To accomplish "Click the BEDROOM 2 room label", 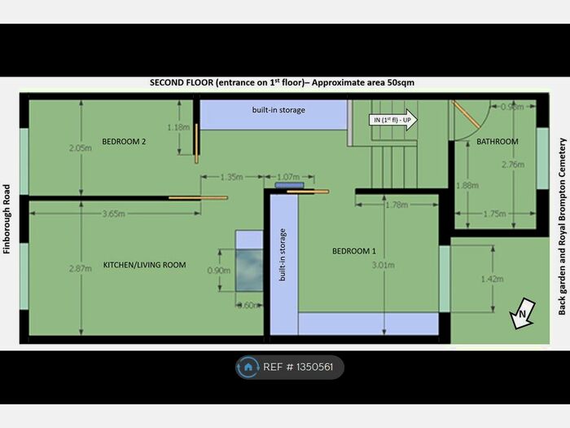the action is point(124,142).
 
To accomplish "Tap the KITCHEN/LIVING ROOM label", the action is point(144,265).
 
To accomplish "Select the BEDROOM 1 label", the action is point(353,251).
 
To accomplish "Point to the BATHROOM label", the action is point(498,142).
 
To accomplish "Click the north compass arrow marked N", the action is point(523,313).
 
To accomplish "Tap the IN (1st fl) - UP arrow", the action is point(393,120).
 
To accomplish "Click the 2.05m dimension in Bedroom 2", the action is point(81,148).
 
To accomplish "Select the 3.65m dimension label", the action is point(113,214).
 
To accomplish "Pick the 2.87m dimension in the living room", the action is point(81,268).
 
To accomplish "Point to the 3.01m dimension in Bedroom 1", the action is point(384,265).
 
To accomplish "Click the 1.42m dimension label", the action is point(492,279).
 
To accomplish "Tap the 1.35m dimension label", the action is point(232,177).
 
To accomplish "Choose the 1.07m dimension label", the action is point(288,177).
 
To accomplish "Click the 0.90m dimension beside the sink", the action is point(219,271).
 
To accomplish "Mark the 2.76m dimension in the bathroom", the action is point(513,165).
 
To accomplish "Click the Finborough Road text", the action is point(7,218).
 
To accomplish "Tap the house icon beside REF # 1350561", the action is point(248,367).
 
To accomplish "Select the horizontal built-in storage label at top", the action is point(278,110).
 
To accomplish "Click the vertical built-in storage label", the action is point(283,254).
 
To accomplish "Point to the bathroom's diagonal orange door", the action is point(467,115).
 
